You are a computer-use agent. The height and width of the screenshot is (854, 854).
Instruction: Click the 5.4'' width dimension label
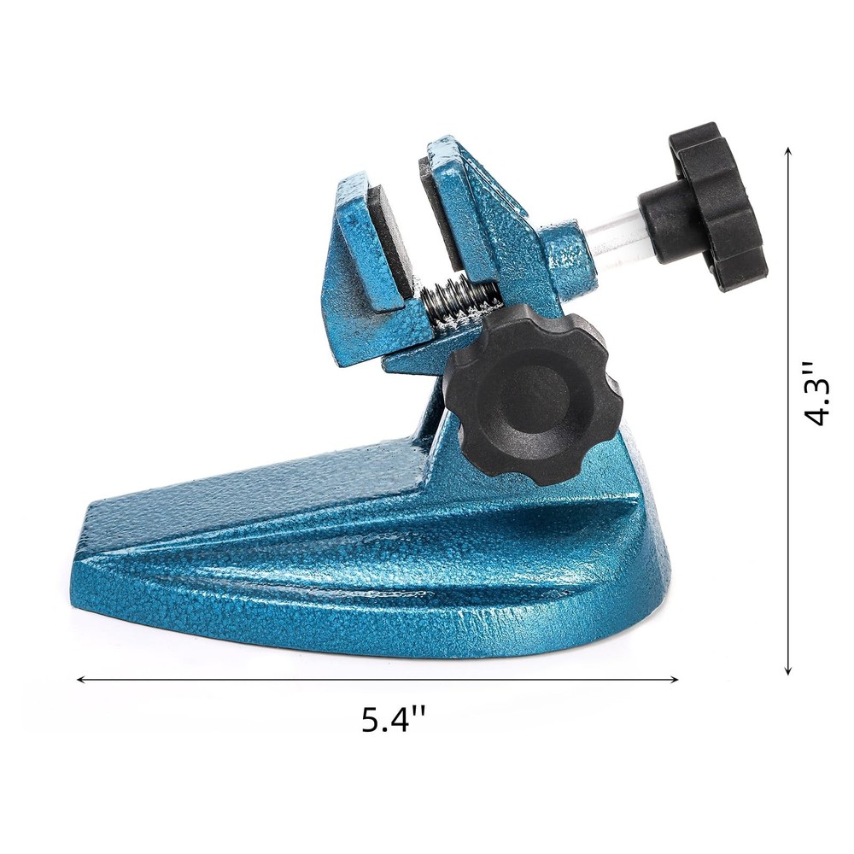394,719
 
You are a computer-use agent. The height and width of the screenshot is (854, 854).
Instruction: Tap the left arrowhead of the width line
81,680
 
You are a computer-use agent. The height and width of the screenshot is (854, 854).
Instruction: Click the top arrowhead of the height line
788,151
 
